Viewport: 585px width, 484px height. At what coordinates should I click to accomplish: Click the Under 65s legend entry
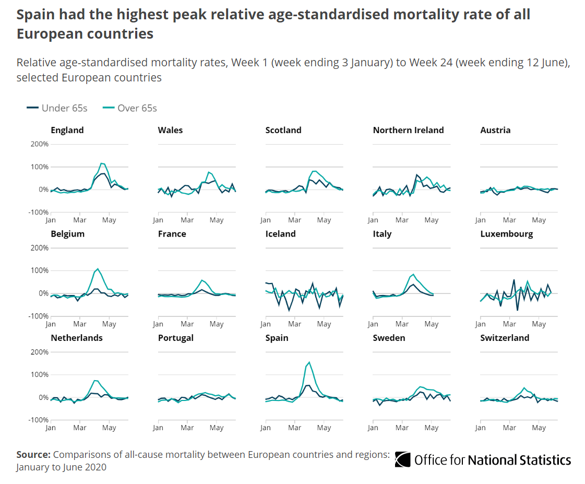[x=57, y=108]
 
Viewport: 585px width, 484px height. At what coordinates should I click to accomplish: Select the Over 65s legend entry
[x=130, y=108]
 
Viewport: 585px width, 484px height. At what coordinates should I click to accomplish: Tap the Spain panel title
[x=277, y=338]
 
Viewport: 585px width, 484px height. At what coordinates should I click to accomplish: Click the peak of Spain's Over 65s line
[x=309, y=362]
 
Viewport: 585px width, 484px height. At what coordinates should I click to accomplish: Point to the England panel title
[x=67, y=130]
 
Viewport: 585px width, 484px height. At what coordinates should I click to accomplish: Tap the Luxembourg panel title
[x=506, y=233]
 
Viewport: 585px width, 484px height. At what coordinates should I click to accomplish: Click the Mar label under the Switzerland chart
[x=510, y=428]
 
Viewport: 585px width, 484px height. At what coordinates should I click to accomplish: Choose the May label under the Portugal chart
[x=217, y=428]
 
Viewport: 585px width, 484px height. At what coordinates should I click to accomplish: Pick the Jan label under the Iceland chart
[x=266, y=324]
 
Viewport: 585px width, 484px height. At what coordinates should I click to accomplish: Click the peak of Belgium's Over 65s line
[x=98, y=268]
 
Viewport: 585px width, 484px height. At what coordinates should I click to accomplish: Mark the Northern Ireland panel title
[x=408, y=130]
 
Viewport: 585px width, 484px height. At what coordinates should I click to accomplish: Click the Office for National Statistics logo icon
[x=402, y=459]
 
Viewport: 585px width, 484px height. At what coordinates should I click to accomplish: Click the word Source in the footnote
[x=33, y=454]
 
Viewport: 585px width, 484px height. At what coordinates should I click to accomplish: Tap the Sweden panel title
[x=389, y=338]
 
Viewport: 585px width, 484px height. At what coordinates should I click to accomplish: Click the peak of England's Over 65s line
[x=102, y=163]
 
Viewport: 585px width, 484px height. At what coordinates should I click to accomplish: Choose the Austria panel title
[x=495, y=130]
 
